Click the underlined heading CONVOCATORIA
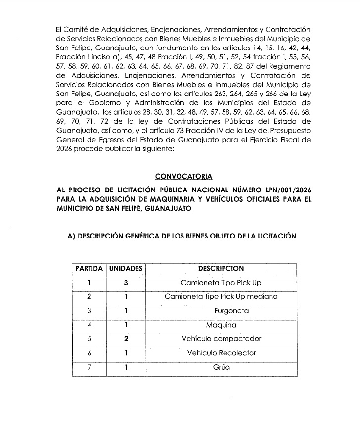[177, 176]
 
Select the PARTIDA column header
[89, 269]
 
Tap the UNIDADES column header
[126, 269]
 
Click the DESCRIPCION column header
[221, 269]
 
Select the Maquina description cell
[221, 326]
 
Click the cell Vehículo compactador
[221, 339]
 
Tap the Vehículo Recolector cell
[221, 353]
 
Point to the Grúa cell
[221, 368]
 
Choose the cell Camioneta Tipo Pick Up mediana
[221, 297]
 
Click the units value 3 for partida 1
[126, 283]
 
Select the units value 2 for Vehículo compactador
[126, 339]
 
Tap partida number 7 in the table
[89, 368]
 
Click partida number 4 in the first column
[89, 326]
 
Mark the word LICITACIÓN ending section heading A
[275, 236]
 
